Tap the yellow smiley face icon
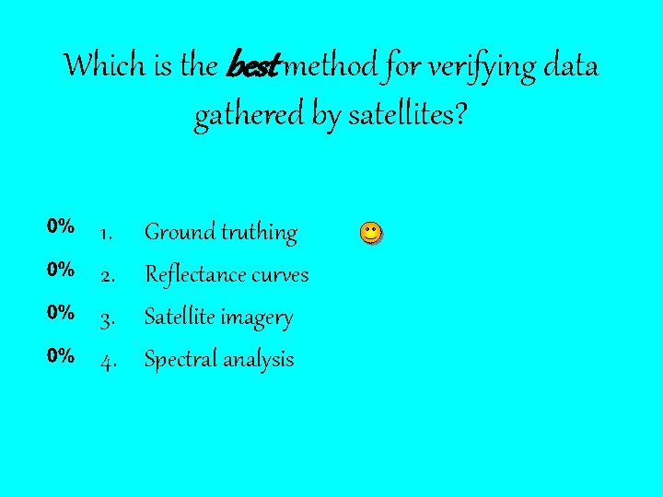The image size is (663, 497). pyautogui.click(x=369, y=233)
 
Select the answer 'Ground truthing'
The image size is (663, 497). pyautogui.click(x=221, y=233)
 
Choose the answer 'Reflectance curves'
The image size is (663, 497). pyautogui.click(x=227, y=275)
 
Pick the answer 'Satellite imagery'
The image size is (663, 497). pyautogui.click(x=219, y=318)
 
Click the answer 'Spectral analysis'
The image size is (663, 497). pyautogui.click(x=219, y=360)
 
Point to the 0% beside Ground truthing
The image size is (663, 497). pyautogui.click(x=62, y=226)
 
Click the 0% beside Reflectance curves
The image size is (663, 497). pyautogui.click(x=62, y=270)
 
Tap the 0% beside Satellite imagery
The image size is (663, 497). pyautogui.click(x=62, y=313)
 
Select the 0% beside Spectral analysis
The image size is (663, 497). pyautogui.click(x=62, y=355)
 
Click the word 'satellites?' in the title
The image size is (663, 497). pyautogui.click(x=408, y=116)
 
